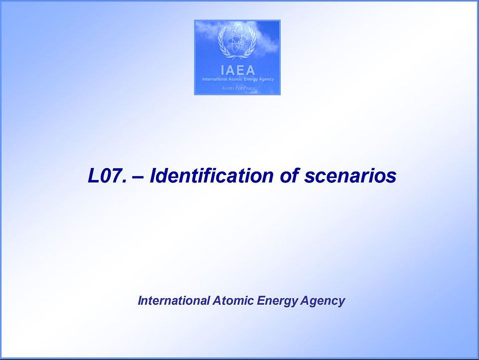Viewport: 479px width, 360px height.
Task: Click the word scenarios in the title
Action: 351,176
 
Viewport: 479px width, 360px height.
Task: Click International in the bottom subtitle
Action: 174,301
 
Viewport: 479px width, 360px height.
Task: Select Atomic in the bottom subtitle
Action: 233,301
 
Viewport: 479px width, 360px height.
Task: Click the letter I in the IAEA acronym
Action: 223,71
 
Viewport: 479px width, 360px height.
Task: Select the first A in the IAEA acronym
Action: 230,71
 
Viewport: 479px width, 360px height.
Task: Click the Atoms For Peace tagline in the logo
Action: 238,88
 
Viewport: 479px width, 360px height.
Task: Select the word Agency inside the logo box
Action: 267,79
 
